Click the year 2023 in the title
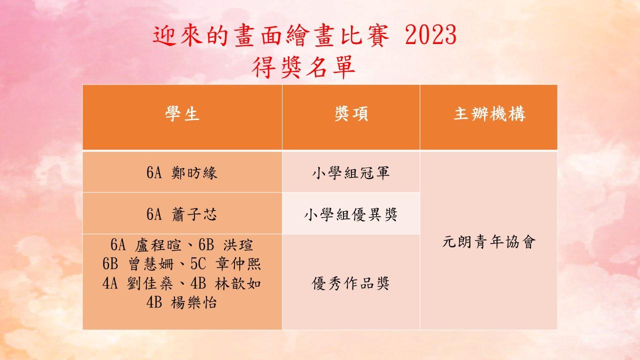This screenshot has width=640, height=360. pyautogui.click(x=430, y=35)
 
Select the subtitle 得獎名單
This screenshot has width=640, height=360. pyautogui.click(x=303, y=67)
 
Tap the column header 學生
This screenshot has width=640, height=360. pyautogui.click(x=182, y=113)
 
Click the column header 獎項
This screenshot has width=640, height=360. pyautogui.click(x=351, y=113)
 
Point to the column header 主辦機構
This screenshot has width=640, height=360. pyautogui.click(x=489, y=113)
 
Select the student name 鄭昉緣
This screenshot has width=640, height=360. pyautogui.click(x=194, y=173)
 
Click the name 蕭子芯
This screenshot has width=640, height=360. pyautogui.click(x=194, y=214)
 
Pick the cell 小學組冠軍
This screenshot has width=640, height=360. pyautogui.click(x=351, y=173)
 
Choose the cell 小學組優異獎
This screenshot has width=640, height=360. pyautogui.click(x=351, y=214)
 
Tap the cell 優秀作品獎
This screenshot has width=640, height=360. pyautogui.click(x=350, y=283)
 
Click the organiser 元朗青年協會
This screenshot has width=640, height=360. pyautogui.click(x=489, y=241)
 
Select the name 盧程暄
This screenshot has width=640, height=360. pyautogui.click(x=158, y=245)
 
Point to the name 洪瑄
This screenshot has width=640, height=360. pyautogui.click(x=238, y=245)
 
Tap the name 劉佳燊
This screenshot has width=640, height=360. pyautogui.click(x=150, y=283)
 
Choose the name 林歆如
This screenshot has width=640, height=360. pyautogui.click(x=237, y=283)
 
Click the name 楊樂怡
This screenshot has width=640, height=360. pyautogui.click(x=194, y=302)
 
